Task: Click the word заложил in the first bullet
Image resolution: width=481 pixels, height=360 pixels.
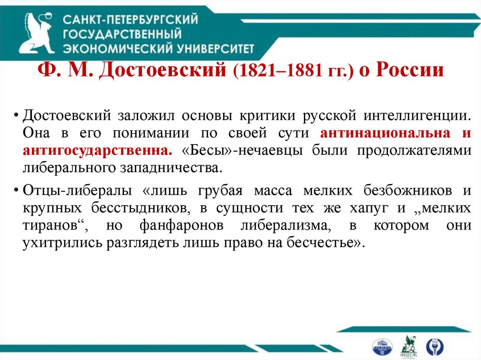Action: tap(150, 115)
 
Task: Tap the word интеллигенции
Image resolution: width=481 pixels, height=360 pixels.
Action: tap(418, 115)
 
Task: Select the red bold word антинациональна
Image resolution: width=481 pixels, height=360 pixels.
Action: tap(383, 133)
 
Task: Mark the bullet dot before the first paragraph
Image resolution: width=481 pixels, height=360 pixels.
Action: tap(16, 116)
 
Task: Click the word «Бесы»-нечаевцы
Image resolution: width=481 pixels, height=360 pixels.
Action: tap(234, 150)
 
